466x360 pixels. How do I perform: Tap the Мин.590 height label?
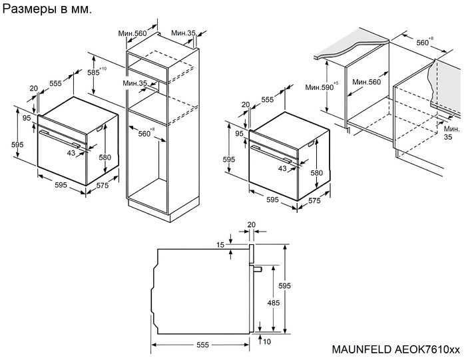click(x=318, y=87)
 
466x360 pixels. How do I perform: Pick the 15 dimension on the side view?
click(x=220, y=245)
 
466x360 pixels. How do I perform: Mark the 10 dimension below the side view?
click(x=267, y=341)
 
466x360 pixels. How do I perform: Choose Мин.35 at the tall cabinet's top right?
click(x=182, y=33)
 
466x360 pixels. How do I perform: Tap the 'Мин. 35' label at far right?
click(x=452, y=132)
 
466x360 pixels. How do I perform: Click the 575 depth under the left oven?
click(x=102, y=186)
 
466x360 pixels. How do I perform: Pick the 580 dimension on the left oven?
click(x=105, y=157)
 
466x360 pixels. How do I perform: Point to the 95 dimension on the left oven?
click(x=27, y=118)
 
